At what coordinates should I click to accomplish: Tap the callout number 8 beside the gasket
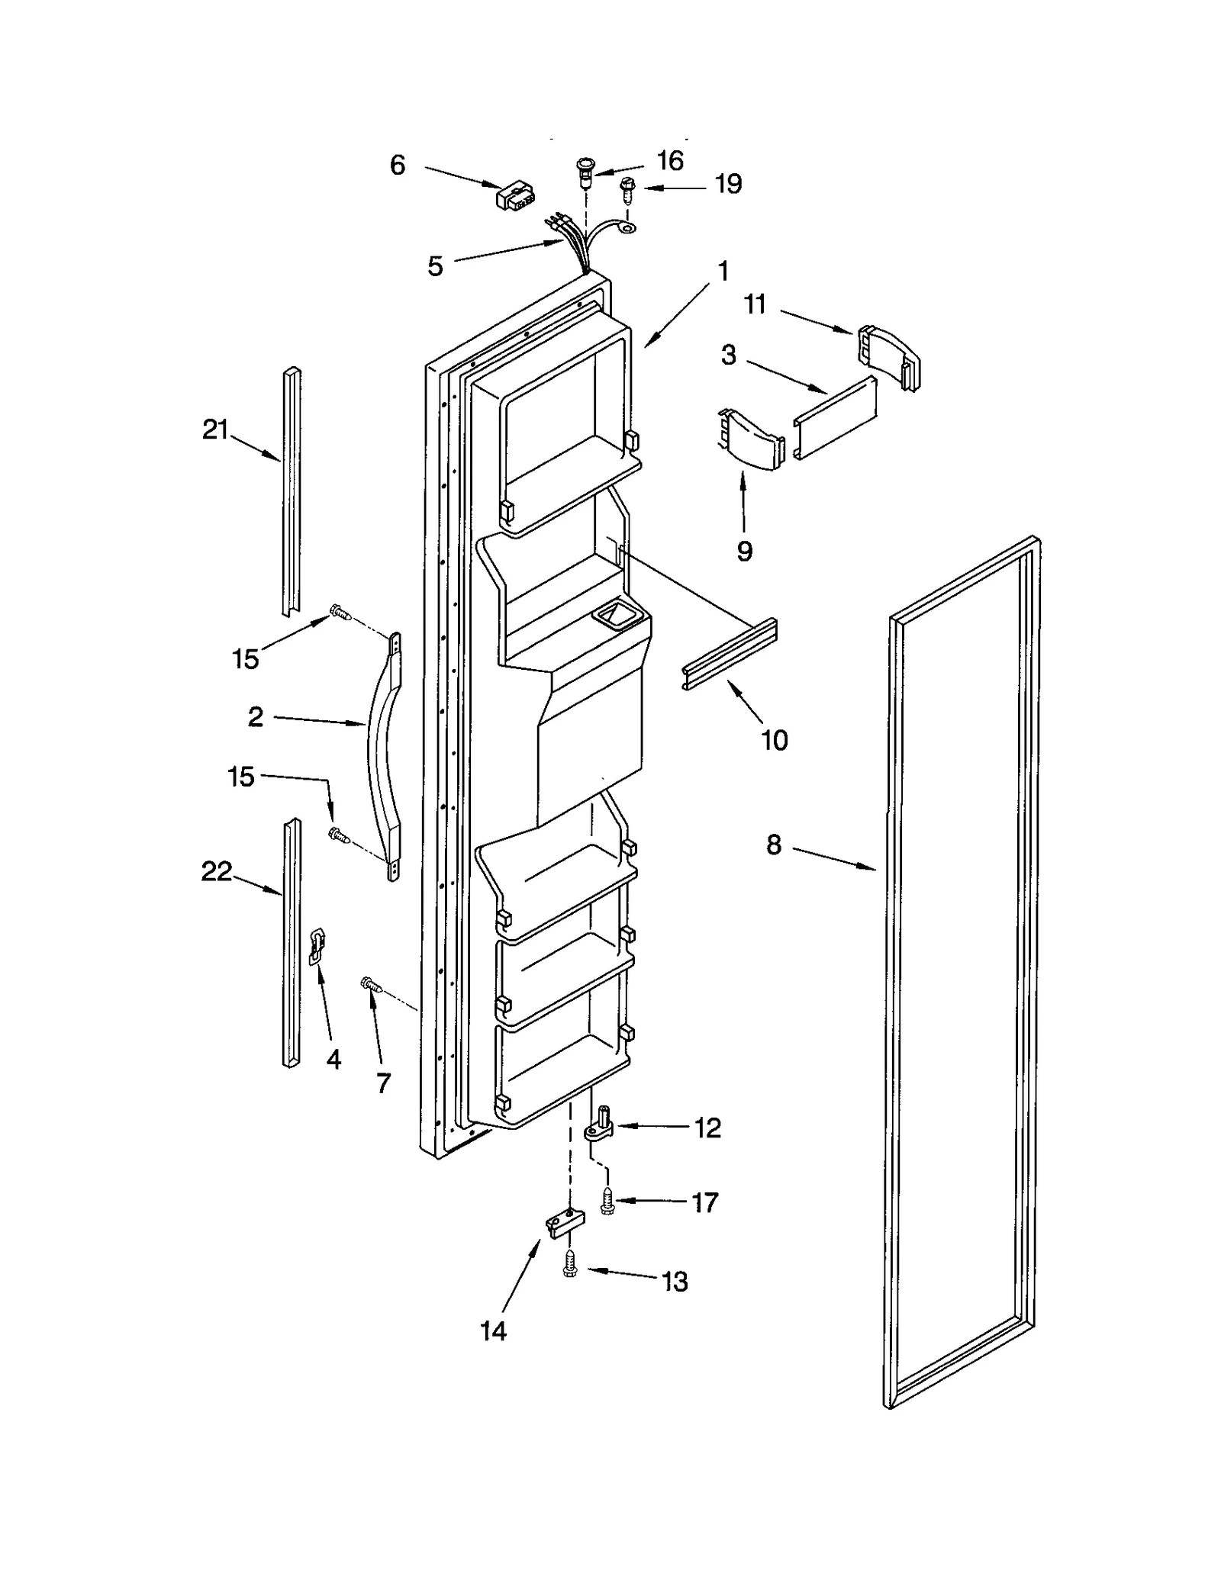coord(774,845)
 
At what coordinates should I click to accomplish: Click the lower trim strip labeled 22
coord(291,942)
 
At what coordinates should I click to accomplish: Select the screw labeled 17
coord(607,1202)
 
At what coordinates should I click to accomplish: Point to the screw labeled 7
coord(369,985)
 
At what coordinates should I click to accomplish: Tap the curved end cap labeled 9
coord(750,440)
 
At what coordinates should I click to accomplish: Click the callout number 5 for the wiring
coord(435,266)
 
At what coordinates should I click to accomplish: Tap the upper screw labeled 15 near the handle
coord(339,611)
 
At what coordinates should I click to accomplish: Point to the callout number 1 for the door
coord(722,271)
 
